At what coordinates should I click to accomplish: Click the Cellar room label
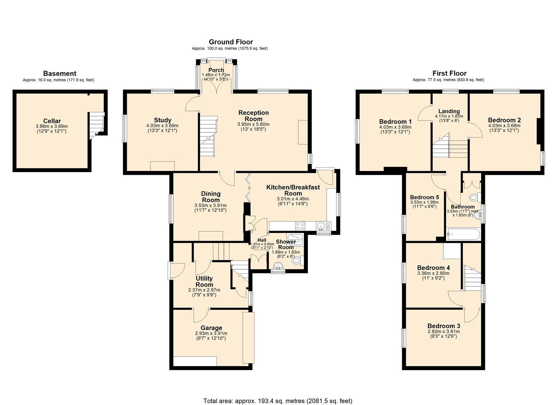point(52,121)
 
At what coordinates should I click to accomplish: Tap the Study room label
point(162,120)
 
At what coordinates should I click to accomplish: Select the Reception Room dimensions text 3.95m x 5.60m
point(254,124)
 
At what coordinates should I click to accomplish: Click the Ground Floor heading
point(231,42)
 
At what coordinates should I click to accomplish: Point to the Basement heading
point(60,73)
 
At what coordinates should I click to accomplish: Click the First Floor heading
point(449,73)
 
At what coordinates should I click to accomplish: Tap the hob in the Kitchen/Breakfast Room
point(300,226)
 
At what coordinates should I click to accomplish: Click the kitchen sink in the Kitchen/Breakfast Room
point(321,226)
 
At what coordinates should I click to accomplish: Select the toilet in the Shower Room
point(297,261)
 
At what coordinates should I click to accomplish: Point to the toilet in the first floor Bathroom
point(474,197)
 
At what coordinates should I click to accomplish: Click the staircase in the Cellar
point(96,124)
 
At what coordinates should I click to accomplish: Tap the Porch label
point(216,70)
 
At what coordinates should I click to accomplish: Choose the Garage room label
point(211,328)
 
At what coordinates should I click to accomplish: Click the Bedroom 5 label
point(424,197)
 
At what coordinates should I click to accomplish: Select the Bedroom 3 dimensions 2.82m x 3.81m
point(444,331)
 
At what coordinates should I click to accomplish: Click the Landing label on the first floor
point(449,111)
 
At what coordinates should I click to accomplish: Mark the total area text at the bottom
point(278,401)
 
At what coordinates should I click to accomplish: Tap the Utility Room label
point(204,282)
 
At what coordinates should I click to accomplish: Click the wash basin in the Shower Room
point(278,266)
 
